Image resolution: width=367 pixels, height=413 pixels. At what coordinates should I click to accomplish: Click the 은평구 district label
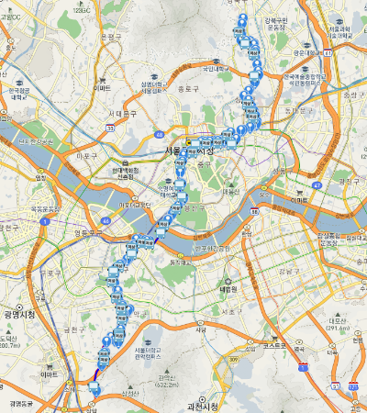[x=111, y=37]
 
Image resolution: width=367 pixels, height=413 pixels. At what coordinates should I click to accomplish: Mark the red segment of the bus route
[x=97, y=374]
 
